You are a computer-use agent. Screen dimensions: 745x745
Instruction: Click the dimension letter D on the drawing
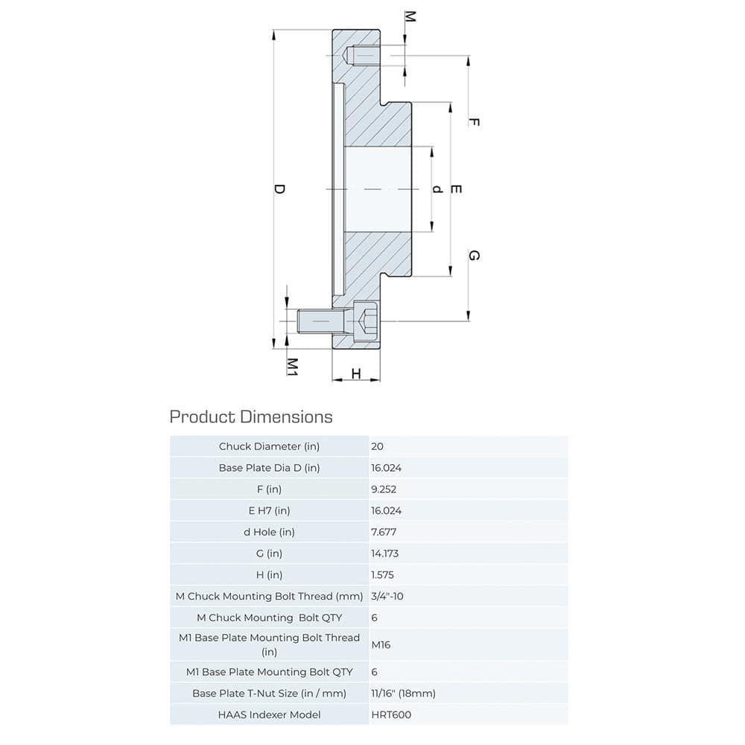279,189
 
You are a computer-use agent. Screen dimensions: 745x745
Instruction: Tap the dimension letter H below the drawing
356,373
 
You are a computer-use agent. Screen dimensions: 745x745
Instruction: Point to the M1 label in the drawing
293,366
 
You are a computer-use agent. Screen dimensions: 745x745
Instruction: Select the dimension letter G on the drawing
474,256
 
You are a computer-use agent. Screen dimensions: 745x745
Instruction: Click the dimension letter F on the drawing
474,122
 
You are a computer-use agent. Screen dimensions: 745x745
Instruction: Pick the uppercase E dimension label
457,189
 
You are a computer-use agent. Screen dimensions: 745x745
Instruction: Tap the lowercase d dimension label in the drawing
438,189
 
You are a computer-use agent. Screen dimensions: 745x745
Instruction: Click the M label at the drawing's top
408,16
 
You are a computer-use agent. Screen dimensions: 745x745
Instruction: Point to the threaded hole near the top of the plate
364,56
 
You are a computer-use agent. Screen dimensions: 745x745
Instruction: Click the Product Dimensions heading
251,416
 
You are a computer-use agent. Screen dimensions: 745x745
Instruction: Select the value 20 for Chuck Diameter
377,446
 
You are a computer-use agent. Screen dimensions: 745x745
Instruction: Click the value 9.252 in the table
384,489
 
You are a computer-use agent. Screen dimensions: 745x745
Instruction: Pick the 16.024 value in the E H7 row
386,510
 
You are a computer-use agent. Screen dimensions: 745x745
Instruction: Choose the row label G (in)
269,554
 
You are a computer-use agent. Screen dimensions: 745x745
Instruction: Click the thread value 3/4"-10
387,596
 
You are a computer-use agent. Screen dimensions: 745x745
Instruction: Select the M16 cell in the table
380,644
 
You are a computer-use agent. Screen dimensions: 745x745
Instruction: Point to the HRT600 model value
390,714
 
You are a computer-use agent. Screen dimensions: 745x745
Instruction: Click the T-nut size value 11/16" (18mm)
402,693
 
